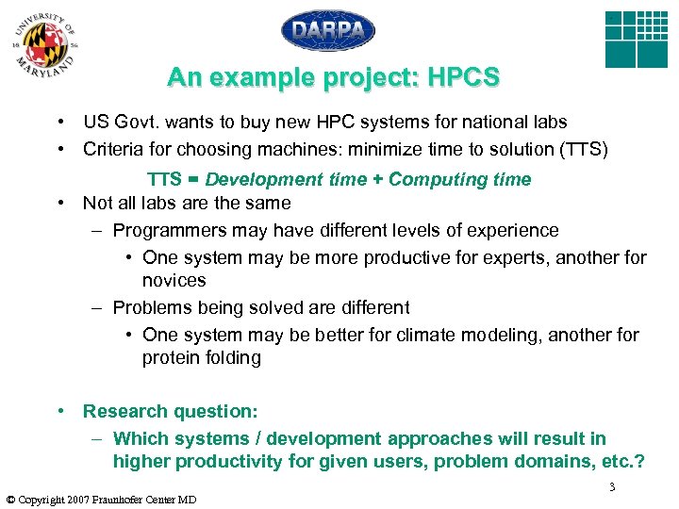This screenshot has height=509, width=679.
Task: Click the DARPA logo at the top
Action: coord(328,30)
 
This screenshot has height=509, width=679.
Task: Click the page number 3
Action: coord(612,486)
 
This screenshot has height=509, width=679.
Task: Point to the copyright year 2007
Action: coord(69,500)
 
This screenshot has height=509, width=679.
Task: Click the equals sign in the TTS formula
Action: coord(192,179)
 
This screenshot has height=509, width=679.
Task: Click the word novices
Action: coord(174,281)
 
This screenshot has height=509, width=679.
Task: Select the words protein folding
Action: coord(201,357)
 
